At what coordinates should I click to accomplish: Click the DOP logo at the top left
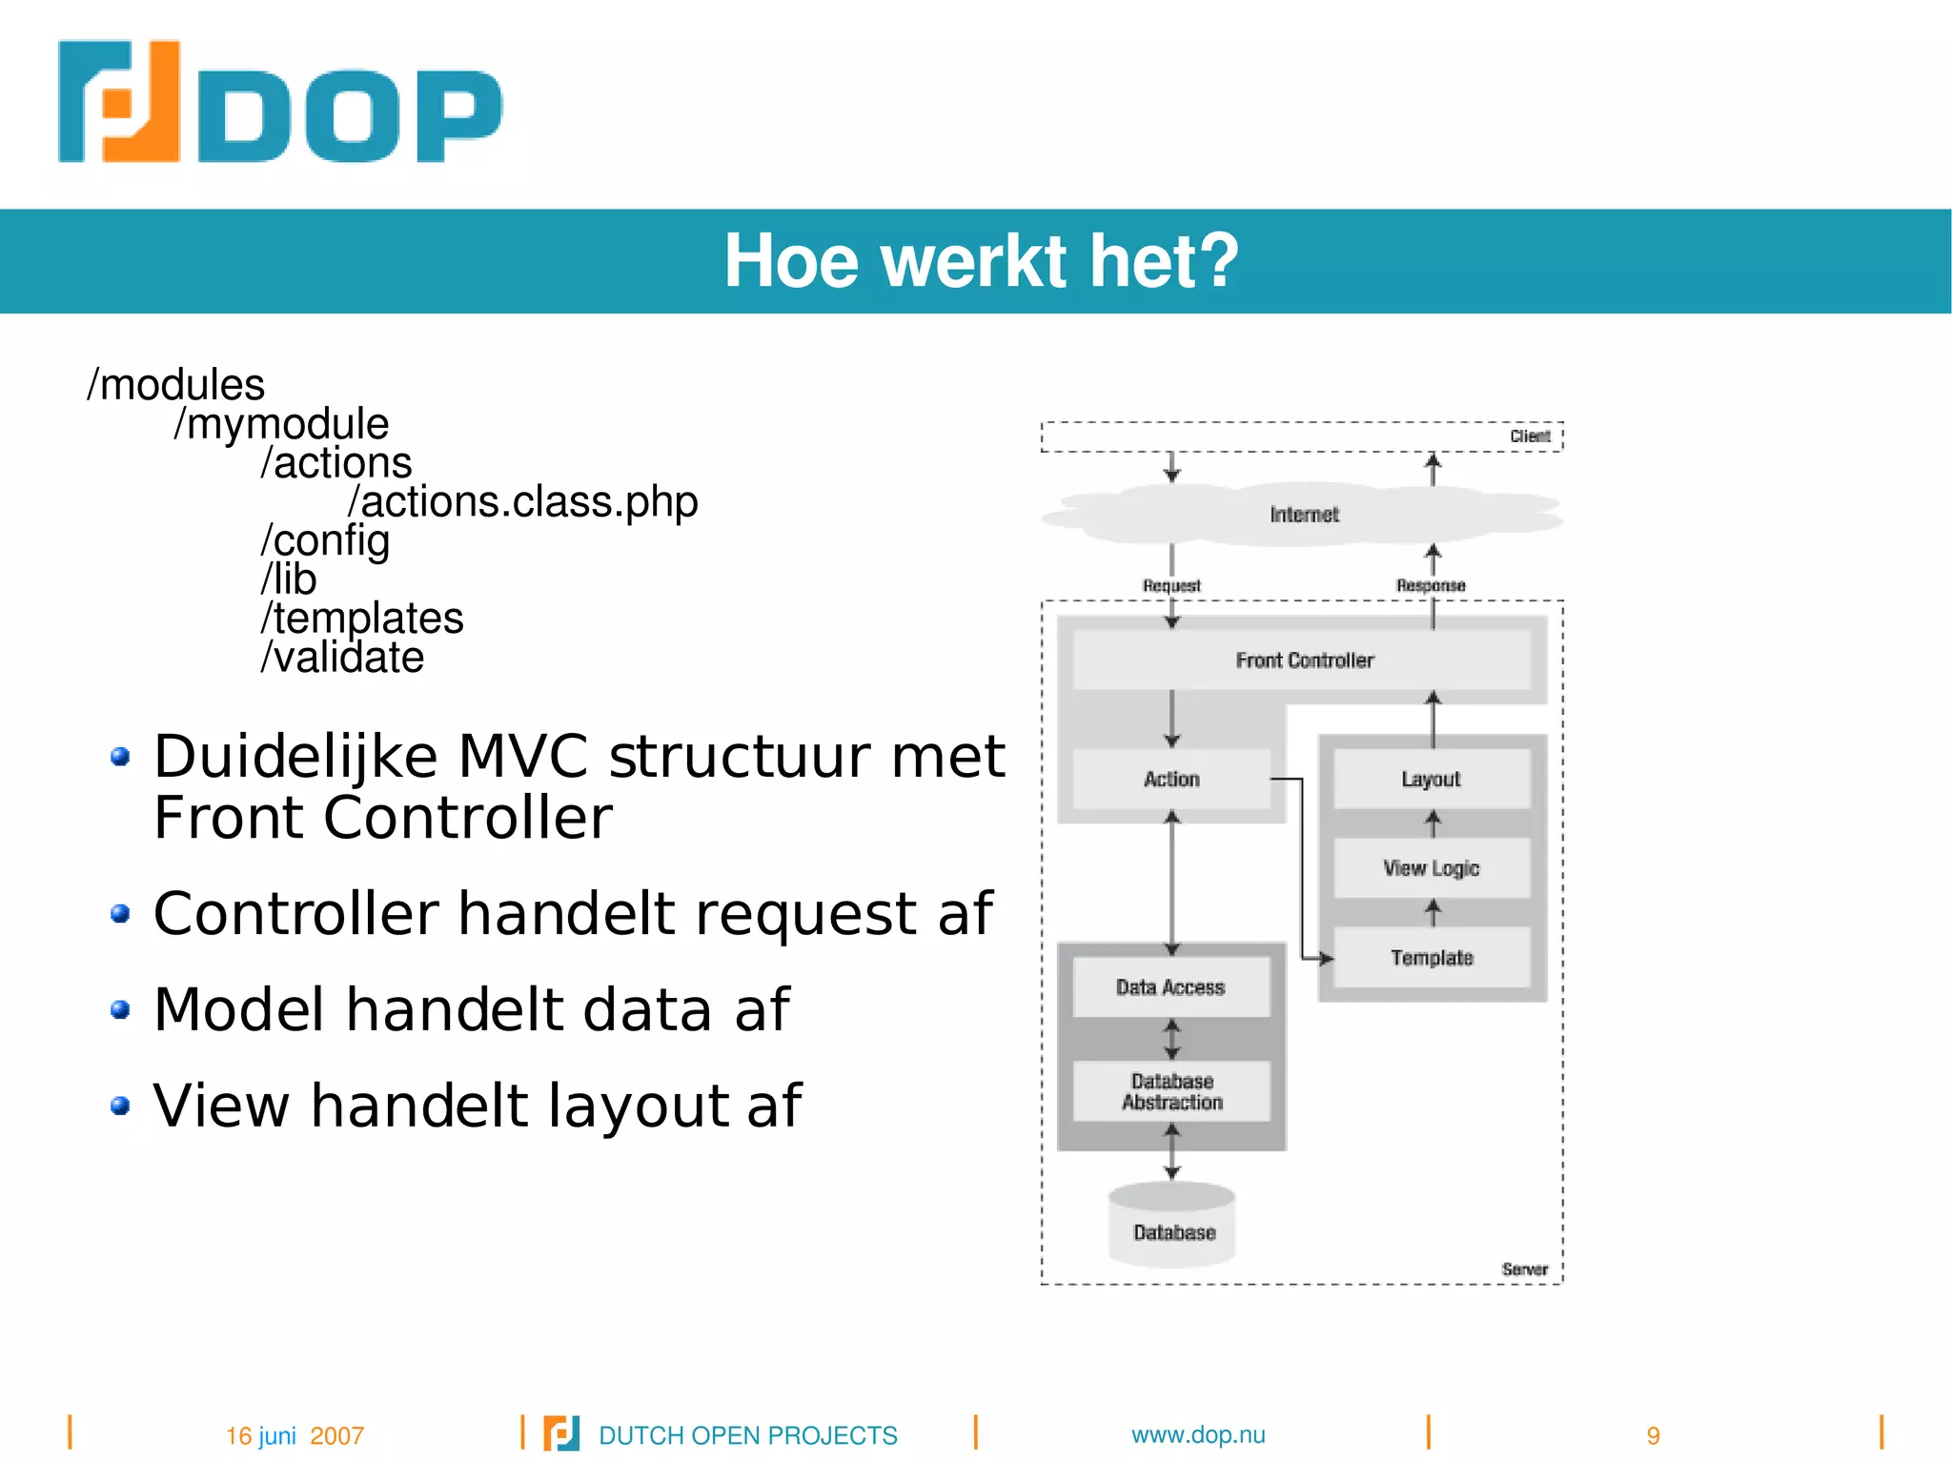[279, 102]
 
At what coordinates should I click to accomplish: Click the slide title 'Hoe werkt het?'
[981, 261]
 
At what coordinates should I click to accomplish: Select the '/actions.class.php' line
[523, 502]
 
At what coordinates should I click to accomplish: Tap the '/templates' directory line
[362, 619]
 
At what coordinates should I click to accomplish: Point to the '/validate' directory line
[342, 658]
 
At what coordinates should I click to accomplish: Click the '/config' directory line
[325, 540]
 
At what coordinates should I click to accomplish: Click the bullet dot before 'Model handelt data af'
[120, 1009]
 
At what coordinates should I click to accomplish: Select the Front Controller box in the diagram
[1303, 660]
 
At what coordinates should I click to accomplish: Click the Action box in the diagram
[1171, 780]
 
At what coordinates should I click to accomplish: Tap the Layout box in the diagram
[1431, 780]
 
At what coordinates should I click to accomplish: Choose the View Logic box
[1431, 868]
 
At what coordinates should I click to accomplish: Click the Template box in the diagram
[1431, 958]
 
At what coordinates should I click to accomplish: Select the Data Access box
[1170, 987]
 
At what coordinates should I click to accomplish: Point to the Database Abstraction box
[1171, 1092]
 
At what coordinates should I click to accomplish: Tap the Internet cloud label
[1304, 515]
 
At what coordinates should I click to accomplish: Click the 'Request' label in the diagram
[1171, 585]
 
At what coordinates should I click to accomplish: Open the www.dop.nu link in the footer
[1198, 1434]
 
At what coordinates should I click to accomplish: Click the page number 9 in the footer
[1653, 1435]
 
